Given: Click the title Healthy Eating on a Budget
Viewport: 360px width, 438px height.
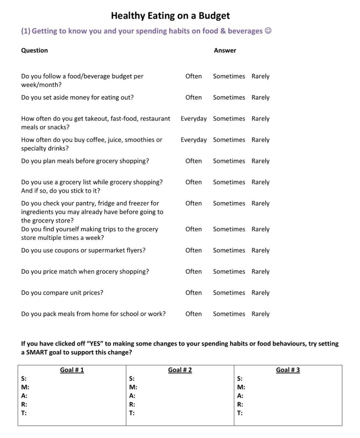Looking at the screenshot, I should point(170,16).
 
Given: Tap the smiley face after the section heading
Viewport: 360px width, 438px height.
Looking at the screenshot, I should point(268,31).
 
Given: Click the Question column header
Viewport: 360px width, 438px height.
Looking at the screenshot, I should point(34,50).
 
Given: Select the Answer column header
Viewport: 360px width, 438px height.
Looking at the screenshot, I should point(225,50).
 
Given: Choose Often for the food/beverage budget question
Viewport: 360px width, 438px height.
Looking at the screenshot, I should point(193,76).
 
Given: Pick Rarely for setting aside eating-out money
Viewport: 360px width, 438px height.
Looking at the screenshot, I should point(260,98).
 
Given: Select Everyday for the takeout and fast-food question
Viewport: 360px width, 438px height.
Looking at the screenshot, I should point(193,118).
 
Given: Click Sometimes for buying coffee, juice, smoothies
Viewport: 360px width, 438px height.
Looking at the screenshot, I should point(229,140).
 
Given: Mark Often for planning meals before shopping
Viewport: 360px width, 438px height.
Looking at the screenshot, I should point(193,161).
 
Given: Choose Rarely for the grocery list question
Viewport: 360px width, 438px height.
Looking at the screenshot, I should point(260,182).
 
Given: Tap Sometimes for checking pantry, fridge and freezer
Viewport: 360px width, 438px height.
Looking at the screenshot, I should point(229,204).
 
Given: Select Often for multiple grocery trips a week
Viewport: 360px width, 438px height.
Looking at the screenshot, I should point(193,229).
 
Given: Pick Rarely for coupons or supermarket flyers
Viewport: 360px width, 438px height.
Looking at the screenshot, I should point(260,250).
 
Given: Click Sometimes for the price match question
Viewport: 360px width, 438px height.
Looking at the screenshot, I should point(229,272).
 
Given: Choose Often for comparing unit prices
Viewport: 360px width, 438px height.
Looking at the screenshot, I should point(193,293).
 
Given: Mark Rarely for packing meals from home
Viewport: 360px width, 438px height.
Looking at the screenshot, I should point(260,314).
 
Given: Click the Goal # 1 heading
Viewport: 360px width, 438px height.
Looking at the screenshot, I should point(72,370).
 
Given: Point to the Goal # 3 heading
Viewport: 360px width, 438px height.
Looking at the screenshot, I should point(288,370).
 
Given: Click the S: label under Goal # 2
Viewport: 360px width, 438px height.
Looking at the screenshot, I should point(132,379).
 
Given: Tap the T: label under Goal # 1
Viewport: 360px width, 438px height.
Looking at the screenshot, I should point(24,413).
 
